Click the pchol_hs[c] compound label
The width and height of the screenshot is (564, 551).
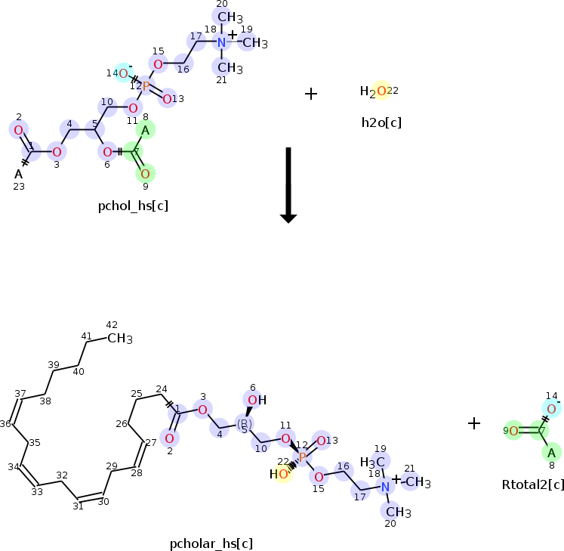pyautogui.click(x=133, y=205)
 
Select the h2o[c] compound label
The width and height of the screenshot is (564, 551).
pyautogui.click(x=381, y=121)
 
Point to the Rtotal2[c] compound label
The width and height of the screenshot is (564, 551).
pyautogui.click(x=533, y=484)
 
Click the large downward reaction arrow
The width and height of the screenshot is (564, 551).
pyautogui.click(x=288, y=184)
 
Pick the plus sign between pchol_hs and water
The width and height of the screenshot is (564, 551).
pyautogui.click(x=310, y=93)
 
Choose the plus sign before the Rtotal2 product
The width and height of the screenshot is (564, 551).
pyautogui.click(x=474, y=423)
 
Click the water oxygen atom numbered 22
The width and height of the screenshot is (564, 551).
pyautogui.click(x=381, y=91)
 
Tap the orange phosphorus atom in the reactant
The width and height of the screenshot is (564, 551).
pyautogui.click(x=146, y=87)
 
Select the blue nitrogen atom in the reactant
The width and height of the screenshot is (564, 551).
pyautogui.click(x=221, y=43)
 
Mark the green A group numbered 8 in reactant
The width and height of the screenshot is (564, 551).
pyautogui.click(x=146, y=130)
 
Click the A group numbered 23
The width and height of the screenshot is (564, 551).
pyautogui.click(x=18, y=175)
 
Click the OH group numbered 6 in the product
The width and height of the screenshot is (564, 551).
pyautogui.click(x=253, y=400)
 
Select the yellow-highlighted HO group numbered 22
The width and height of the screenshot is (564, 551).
pyautogui.click(x=279, y=475)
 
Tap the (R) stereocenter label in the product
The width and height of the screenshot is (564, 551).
pyautogui.click(x=244, y=423)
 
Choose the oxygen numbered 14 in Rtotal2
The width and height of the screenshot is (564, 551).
pyautogui.click(x=552, y=410)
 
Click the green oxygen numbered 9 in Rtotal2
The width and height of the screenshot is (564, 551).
pyautogui.click(x=513, y=432)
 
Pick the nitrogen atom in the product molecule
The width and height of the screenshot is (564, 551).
pyautogui.click(x=385, y=486)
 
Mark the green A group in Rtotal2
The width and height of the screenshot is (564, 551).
pyautogui.click(x=552, y=453)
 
